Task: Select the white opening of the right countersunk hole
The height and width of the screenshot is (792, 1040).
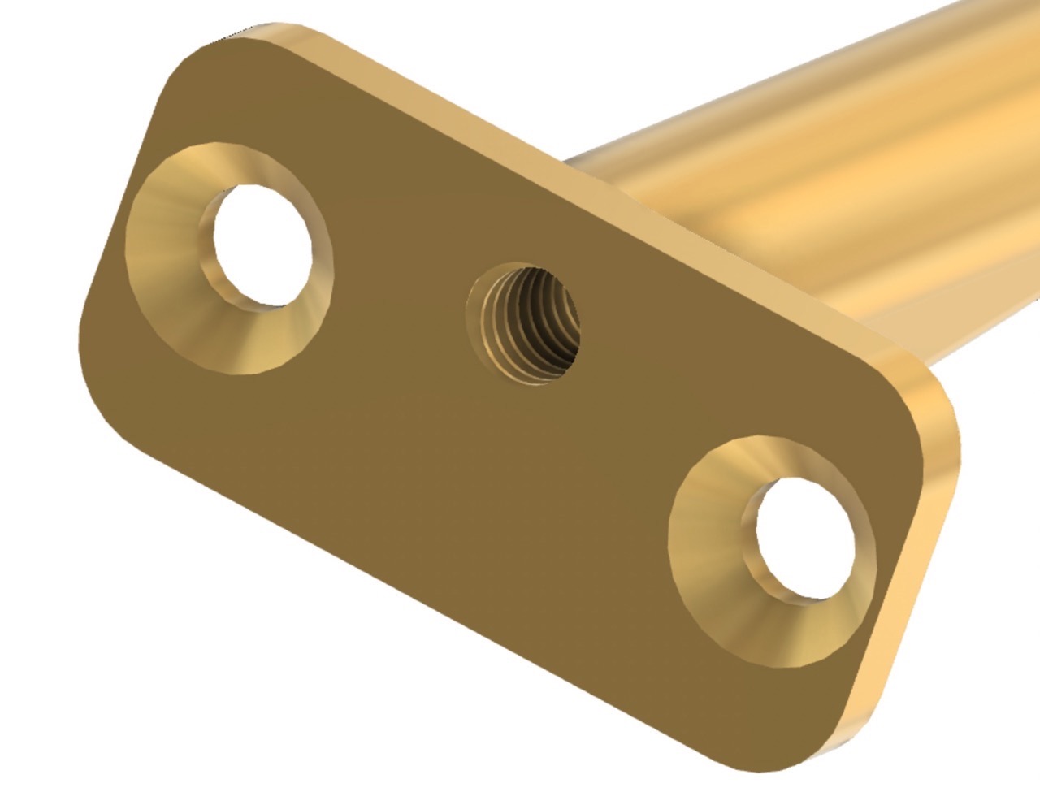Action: [x=807, y=535]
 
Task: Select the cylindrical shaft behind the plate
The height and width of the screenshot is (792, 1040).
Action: [x=812, y=162]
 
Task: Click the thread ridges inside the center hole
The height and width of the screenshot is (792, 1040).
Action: [x=536, y=325]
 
